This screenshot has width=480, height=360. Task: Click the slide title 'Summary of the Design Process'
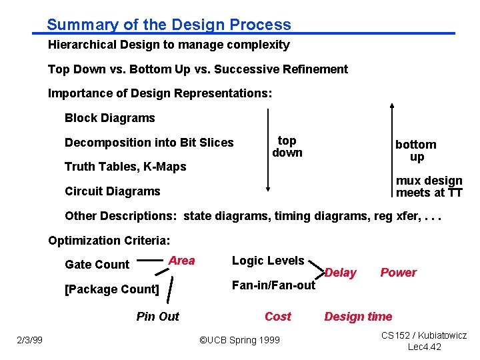click(169, 25)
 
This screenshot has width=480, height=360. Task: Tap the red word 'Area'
click(181, 261)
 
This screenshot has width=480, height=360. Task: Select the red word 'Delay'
click(340, 273)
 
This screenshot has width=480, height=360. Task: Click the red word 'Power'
click(398, 273)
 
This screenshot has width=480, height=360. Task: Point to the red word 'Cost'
click(277, 317)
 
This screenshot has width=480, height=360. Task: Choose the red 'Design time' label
click(358, 317)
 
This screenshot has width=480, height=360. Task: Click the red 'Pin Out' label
click(157, 317)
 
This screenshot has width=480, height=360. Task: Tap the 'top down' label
click(287, 147)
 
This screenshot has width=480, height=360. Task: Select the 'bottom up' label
click(416, 151)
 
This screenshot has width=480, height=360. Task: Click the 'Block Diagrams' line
click(109, 118)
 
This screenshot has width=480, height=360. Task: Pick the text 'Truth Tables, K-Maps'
click(125, 166)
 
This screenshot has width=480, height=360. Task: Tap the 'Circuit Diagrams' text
click(112, 191)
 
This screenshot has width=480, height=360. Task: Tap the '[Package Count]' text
click(111, 289)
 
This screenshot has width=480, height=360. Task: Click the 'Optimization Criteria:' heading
click(109, 240)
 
